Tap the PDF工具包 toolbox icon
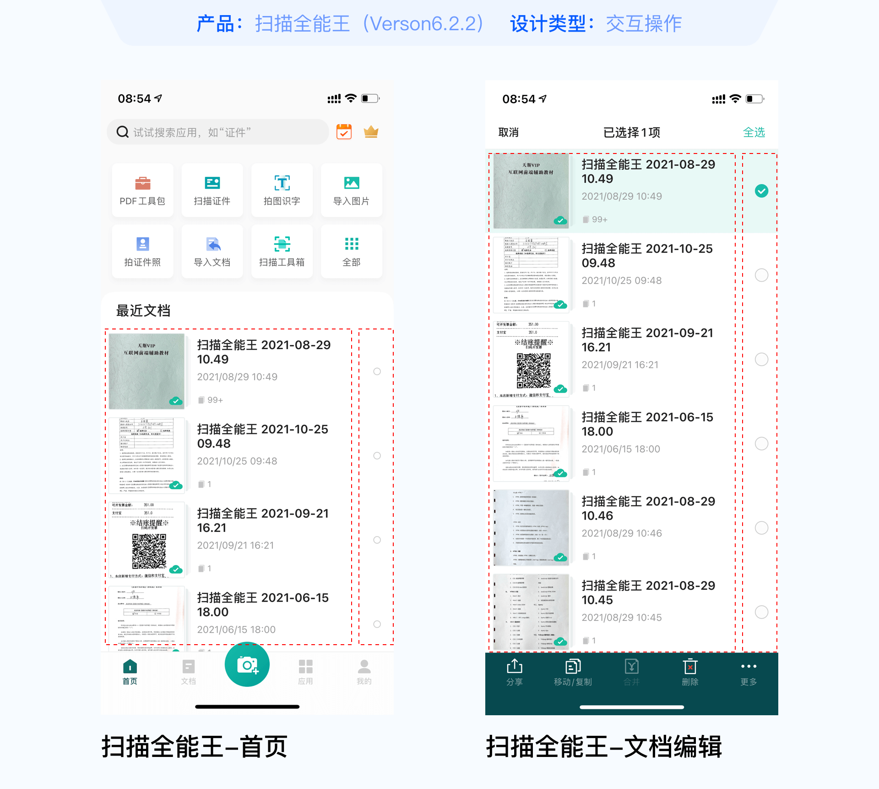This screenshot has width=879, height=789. [142, 183]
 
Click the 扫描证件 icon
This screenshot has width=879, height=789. [212, 183]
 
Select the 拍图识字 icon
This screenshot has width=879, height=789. [282, 183]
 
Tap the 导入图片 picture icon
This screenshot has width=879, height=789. [352, 183]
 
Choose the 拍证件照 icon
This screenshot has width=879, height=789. [142, 244]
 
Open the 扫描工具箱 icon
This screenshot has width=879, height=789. [282, 244]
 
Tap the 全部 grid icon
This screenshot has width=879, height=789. [352, 244]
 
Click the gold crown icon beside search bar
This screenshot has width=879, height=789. [371, 132]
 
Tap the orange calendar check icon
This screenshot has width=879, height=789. [344, 132]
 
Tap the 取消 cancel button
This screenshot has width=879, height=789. [508, 132]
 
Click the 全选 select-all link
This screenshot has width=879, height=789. [754, 132]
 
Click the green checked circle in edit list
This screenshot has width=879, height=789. [761, 191]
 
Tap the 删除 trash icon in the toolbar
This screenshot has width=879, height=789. [690, 667]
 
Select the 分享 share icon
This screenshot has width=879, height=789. [515, 666]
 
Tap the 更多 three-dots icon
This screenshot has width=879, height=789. [749, 666]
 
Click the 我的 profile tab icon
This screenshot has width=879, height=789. [364, 667]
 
